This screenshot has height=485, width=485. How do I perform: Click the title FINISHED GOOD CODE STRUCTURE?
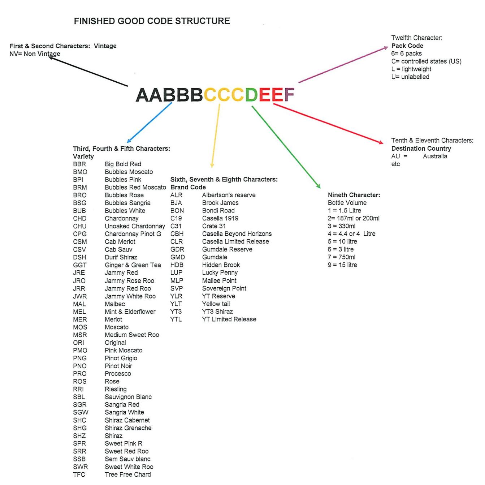point(152,21)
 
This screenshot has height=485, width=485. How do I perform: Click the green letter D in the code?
point(251,95)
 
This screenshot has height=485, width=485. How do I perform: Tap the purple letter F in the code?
point(289,95)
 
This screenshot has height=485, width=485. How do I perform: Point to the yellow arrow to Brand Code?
point(216,136)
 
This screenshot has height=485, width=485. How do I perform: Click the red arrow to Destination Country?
point(328,123)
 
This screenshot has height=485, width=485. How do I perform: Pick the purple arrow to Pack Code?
point(343,65)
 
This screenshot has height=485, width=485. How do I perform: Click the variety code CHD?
point(79,219)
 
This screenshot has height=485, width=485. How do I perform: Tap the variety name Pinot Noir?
point(118,366)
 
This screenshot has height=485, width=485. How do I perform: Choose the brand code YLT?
point(176,304)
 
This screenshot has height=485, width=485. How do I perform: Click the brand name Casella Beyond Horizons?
point(237,234)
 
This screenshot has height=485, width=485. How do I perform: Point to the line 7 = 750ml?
point(341,257)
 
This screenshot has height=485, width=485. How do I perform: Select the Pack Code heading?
point(407,46)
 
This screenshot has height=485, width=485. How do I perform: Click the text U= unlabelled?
point(410,77)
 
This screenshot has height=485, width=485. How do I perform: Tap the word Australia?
point(435,156)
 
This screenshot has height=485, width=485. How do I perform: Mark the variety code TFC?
point(79,475)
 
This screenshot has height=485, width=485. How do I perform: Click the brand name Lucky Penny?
point(220,272)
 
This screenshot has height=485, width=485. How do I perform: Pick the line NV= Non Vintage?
point(35,53)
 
